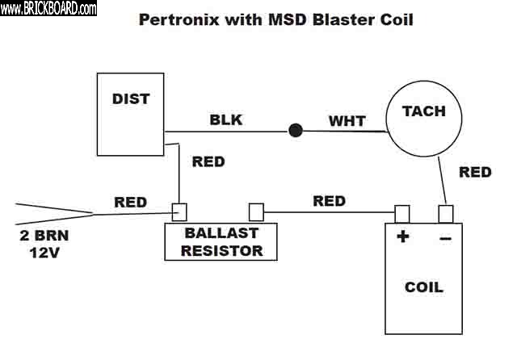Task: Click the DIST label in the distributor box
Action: (x=132, y=100)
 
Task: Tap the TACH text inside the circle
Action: (x=424, y=112)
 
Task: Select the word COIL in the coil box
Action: (x=424, y=287)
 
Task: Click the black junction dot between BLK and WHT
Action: (x=296, y=129)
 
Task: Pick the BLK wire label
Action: (x=226, y=120)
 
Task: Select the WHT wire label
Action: (x=347, y=121)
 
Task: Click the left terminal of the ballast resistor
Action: (x=179, y=212)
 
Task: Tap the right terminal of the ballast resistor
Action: (x=256, y=212)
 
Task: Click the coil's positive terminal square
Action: (x=401, y=214)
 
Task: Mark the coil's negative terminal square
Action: (x=445, y=214)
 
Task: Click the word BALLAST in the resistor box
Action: (x=221, y=234)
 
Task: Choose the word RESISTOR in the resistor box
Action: (x=221, y=250)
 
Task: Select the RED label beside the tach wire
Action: (x=475, y=172)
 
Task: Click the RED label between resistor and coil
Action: (x=329, y=201)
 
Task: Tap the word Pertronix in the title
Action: (x=178, y=19)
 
